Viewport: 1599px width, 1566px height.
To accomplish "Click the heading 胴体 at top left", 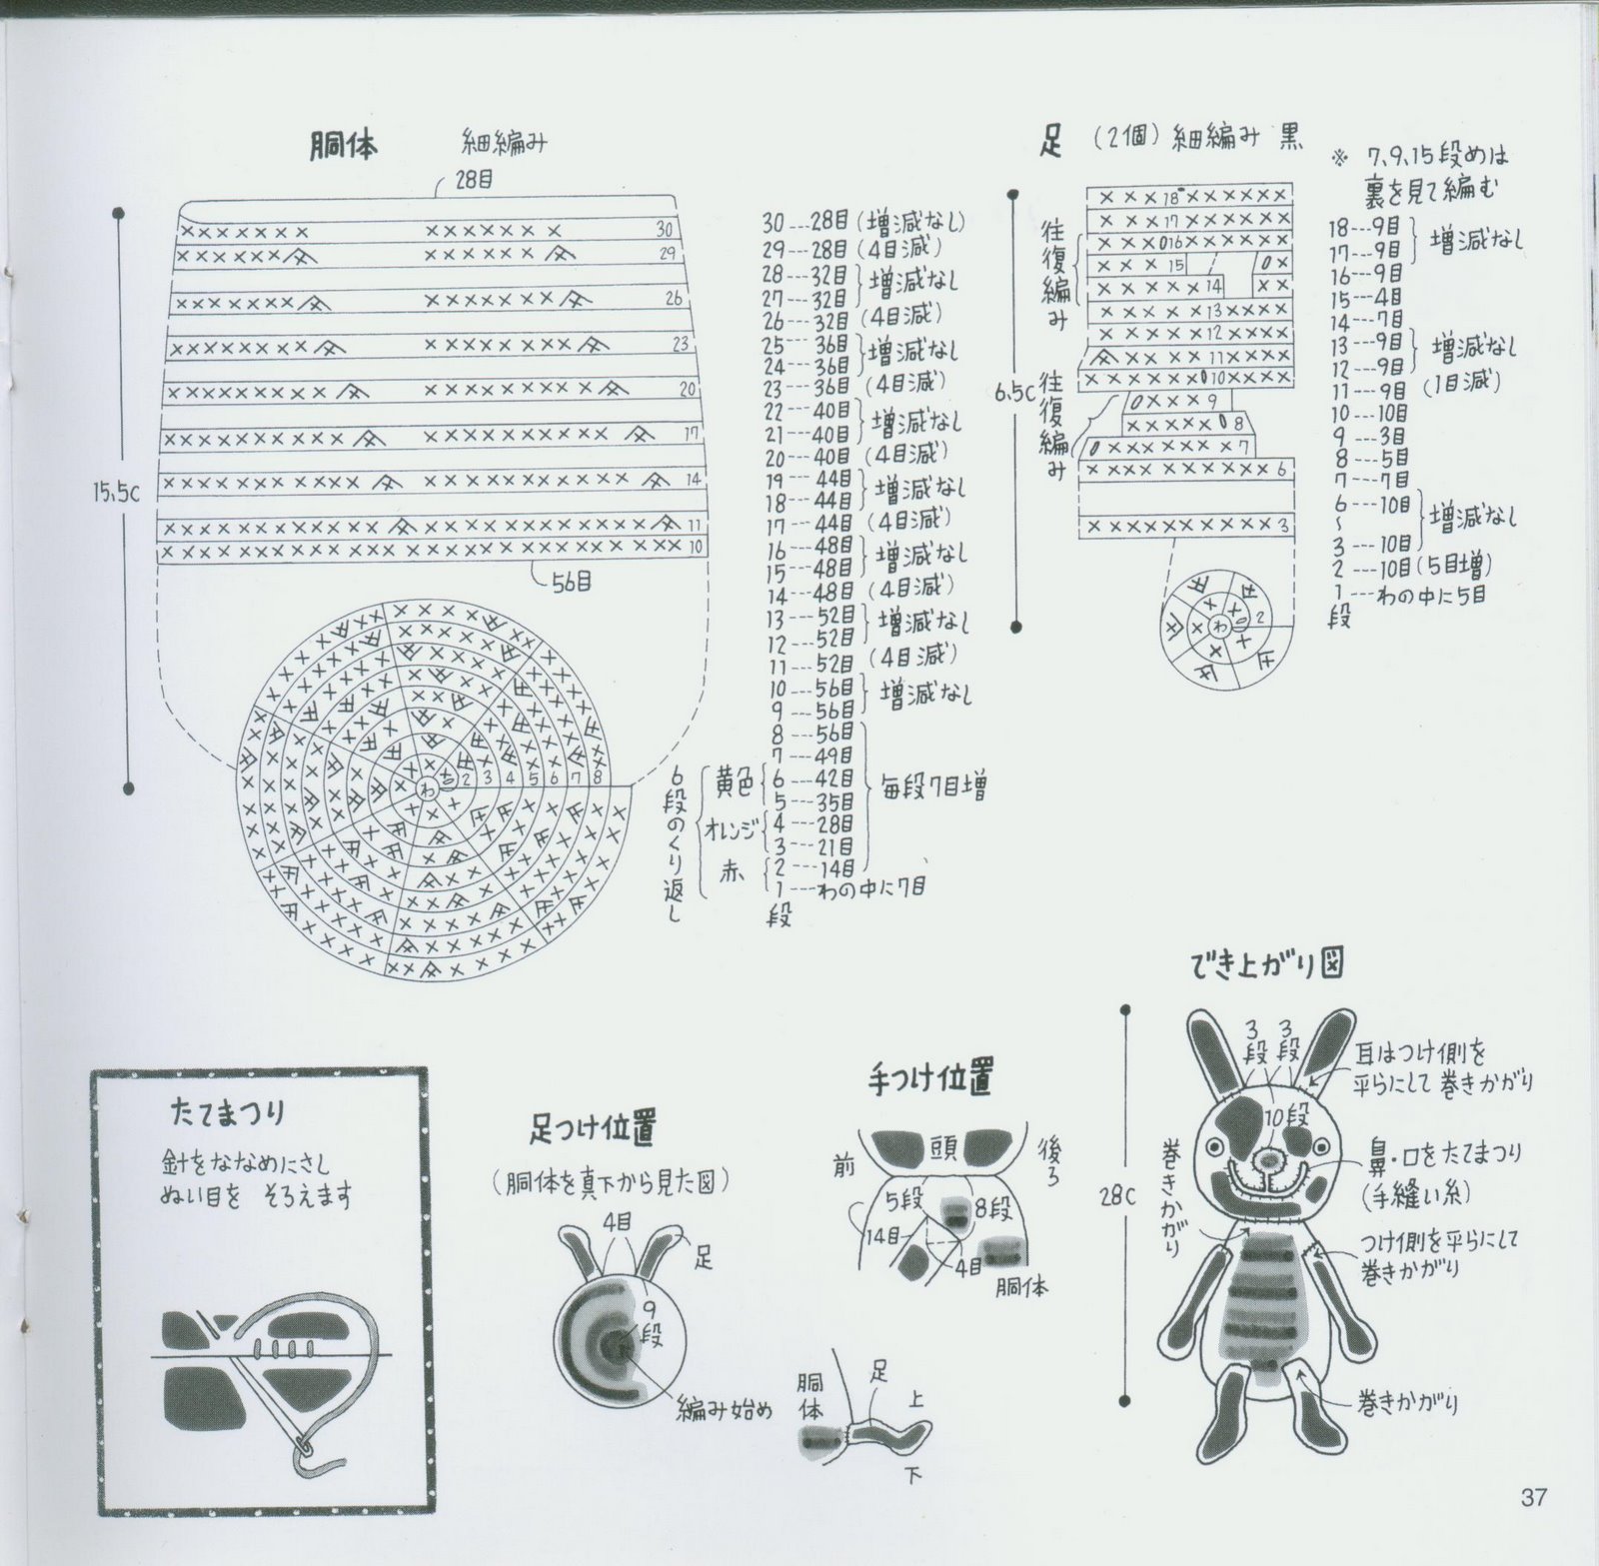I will (343, 146).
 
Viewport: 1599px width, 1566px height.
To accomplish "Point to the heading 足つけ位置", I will (593, 1129).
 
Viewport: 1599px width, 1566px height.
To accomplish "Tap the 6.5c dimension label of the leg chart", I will (1014, 393).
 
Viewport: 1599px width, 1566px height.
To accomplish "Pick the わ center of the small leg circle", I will (1220, 627).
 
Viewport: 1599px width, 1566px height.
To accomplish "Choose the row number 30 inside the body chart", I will (665, 230).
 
